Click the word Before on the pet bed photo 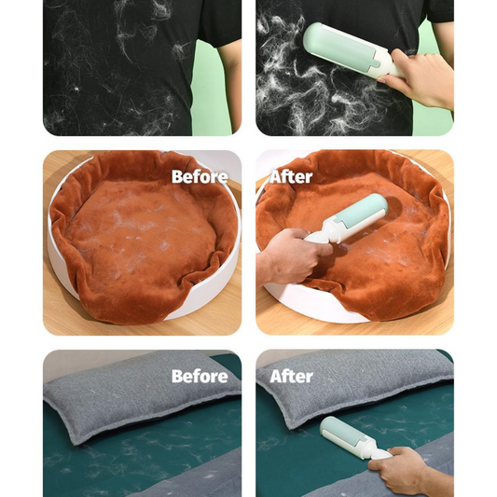coord(200,176)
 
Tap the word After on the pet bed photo coord(291,176)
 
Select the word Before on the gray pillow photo coord(200,376)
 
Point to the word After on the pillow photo coord(291,376)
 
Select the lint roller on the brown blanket coord(350,225)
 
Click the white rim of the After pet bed coord(317,308)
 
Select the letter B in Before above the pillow coord(177,376)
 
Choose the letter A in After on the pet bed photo coord(277,176)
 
